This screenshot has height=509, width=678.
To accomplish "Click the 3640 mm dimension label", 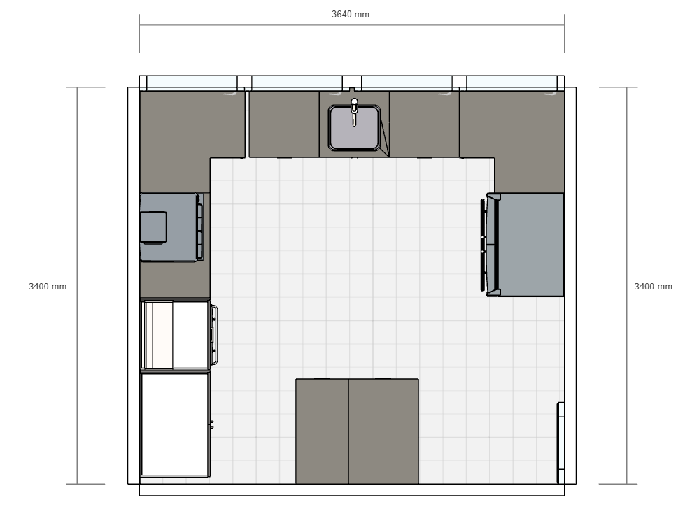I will click(351, 14).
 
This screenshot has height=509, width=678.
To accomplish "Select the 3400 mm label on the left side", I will click(48, 287).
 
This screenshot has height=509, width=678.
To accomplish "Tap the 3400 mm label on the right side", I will click(653, 287).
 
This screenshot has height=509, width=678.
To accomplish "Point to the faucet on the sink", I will click(354, 110).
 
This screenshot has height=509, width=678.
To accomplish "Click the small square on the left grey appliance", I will click(154, 227).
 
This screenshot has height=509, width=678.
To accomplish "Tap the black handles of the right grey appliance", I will click(483, 244).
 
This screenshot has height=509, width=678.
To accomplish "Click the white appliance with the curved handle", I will click(176, 334).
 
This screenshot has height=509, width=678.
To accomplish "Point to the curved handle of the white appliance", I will click(214, 334).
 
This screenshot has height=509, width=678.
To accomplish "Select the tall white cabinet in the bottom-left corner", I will click(175, 424).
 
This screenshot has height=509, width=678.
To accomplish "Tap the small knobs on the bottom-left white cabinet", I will click(211, 423).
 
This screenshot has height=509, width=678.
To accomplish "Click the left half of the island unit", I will click(322, 431).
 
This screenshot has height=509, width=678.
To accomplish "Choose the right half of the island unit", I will click(383, 431).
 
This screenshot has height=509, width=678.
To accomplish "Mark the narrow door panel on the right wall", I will click(560, 443).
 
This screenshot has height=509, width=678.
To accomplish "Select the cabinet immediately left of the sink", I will click(284, 124).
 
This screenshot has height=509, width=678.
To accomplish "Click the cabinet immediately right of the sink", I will click(424, 124).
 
